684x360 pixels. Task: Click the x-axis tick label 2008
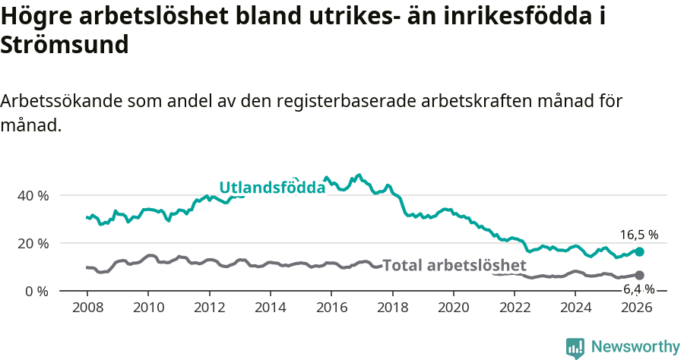click(87, 308)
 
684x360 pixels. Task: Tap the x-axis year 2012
click(209, 308)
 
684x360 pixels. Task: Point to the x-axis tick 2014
click(270, 308)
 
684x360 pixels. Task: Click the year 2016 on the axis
click(331, 308)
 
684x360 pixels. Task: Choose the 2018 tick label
click(392, 308)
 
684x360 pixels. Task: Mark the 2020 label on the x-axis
click(454, 308)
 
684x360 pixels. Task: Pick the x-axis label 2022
click(515, 308)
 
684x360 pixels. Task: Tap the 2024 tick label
click(576, 308)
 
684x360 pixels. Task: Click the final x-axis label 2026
click(637, 308)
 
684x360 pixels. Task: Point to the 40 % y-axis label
click(33, 195)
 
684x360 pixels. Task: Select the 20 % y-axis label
click(33, 243)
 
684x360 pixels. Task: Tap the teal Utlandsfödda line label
click(272, 188)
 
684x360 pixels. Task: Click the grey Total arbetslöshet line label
click(454, 265)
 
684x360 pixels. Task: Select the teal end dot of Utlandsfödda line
click(639, 251)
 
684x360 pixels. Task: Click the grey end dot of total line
click(639, 275)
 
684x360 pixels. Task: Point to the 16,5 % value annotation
click(639, 235)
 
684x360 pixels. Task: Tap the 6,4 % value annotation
click(639, 289)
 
